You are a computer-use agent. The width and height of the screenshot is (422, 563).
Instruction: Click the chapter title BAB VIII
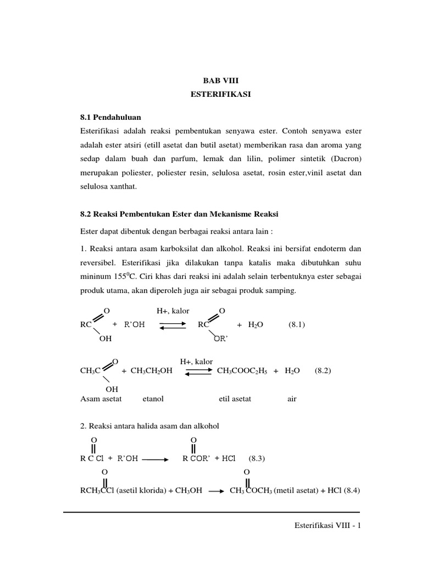pos(220,80)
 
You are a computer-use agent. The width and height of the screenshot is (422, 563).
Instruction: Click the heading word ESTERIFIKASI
pos(220,95)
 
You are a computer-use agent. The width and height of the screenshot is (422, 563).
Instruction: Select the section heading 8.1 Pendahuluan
pos(110,117)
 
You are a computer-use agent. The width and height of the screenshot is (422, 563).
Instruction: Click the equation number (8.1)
pos(297,324)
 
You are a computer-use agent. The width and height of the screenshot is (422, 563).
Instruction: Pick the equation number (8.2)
pos(323,371)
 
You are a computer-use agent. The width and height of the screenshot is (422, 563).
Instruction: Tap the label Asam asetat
pos(101,399)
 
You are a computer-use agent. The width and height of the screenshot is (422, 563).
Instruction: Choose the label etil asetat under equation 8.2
pos(235,399)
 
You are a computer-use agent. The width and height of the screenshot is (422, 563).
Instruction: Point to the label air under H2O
pos(292,399)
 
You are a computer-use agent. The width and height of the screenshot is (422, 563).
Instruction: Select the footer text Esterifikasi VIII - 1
pos(327,526)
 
